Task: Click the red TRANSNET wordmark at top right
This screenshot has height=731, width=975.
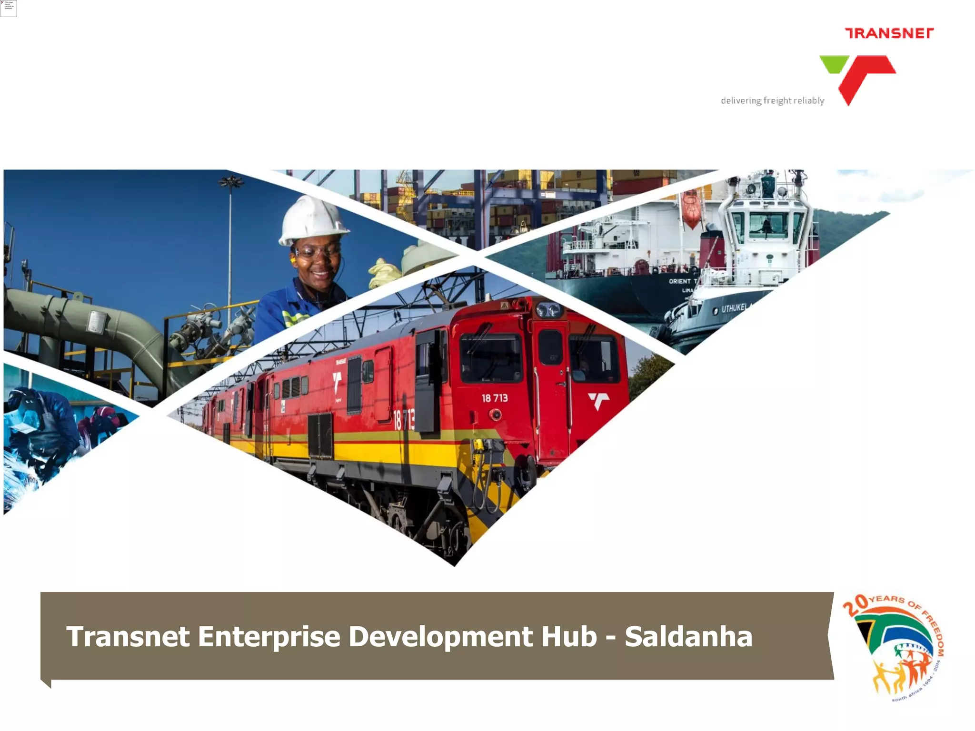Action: (889, 33)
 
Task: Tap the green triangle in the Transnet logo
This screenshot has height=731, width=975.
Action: (835, 63)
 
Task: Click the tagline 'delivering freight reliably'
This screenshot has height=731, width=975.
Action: (772, 101)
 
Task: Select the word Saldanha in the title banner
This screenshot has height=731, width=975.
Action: (688, 637)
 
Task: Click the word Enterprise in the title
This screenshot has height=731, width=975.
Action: (269, 637)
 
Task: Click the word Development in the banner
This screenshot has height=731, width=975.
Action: (440, 637)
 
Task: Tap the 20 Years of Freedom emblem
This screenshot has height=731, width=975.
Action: (893, 647)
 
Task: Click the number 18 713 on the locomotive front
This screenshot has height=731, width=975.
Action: (495, 398)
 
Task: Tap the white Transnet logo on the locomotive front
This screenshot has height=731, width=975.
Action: (598, 401)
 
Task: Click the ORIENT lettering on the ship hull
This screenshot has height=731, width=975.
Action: (680, 281)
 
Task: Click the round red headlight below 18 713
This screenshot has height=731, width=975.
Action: (496, 415)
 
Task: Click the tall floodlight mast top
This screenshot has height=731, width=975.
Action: (230, 181)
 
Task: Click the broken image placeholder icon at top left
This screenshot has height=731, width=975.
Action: (9, 8)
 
